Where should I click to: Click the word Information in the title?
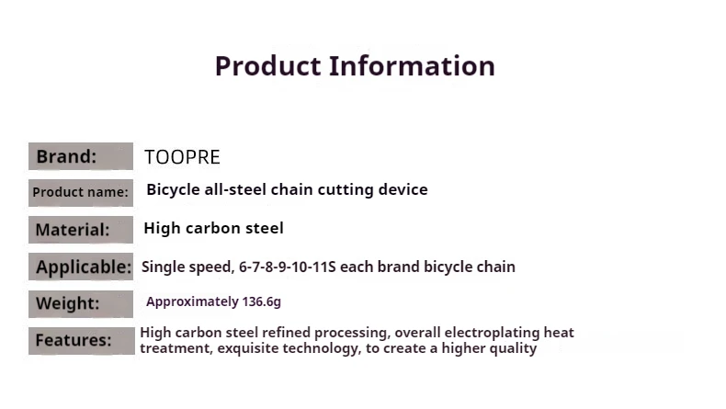tap(412, 66)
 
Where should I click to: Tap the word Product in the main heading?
tap(267, 66)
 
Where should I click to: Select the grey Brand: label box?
tap(81, 156)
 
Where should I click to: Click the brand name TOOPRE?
tap(182, 157)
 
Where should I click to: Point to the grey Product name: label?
tap(81, 193)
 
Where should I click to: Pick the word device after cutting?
tap(403, 189)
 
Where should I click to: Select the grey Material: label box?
tap(81, 229)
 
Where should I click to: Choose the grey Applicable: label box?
tap(81, 267)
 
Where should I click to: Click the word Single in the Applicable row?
tap(162, 267)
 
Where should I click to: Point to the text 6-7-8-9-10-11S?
tap(287, 267)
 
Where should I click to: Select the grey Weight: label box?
tap(81, 304)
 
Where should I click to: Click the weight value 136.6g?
tap(262, 302)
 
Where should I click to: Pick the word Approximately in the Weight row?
tap(193, 302)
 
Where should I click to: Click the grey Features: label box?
tap(82, 340)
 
